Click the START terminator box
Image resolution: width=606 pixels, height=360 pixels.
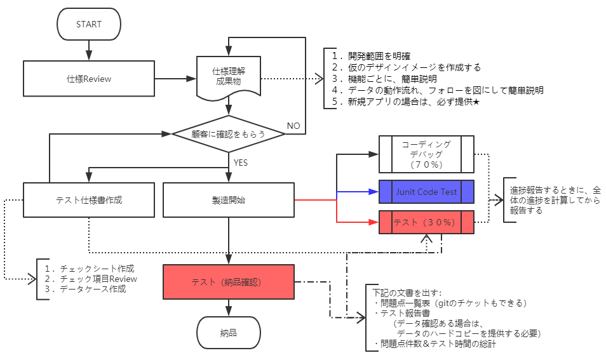click(x=88, y=25)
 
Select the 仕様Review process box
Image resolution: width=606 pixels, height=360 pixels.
click(x=88, y=79)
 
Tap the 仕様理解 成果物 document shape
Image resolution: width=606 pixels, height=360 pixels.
click(x=228, y=77)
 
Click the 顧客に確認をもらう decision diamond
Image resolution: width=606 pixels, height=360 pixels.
click(x=228, y=134)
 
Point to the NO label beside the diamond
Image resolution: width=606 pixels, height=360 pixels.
click(x=293, y=126)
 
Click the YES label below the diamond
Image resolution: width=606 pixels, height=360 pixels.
click(x=241, y=163)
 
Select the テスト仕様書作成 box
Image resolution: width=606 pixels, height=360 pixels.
click(x=88, y=199)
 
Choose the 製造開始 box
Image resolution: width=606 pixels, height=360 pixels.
click(x=228, y=199)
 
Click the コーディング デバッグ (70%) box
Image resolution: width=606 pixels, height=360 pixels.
click(x=426, y=154)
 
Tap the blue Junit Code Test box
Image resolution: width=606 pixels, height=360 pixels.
click(x=426, y=192)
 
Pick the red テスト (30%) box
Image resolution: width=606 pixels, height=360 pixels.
click(x=426, y=222)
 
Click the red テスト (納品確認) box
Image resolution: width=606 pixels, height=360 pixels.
click(x=228, y=282)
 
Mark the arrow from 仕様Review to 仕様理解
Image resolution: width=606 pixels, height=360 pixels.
click(x=175, y=79)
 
